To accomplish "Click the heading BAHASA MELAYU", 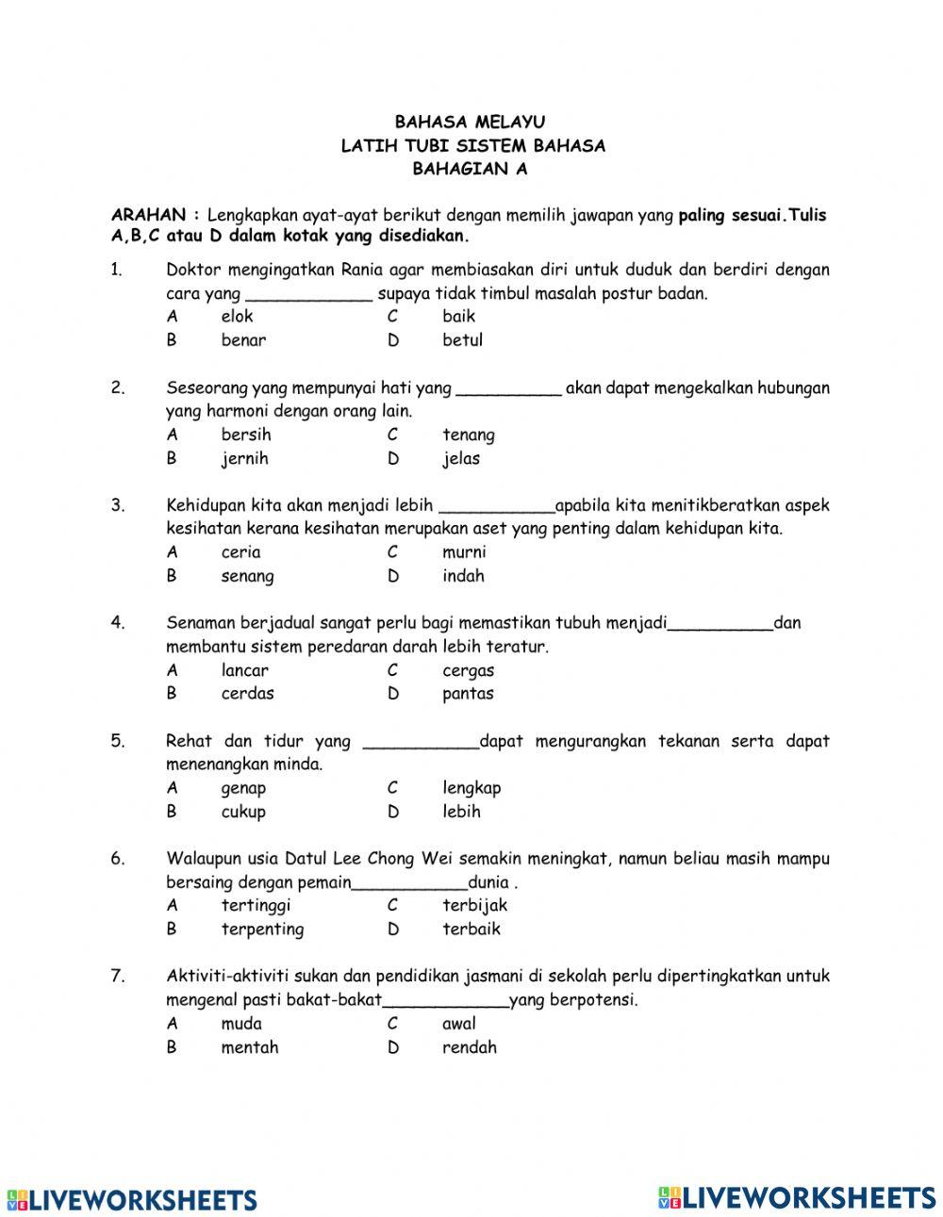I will click(x=470, y=122).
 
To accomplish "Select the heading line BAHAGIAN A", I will click(x=470, y=170).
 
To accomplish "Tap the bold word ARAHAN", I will click(x=149, y=215).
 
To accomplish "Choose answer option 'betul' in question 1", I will click(x=462, y=340).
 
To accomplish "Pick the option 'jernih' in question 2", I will click(x=244, y=459).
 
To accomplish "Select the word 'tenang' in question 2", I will click(x=468, y=436).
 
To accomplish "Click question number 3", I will click(x=118, y=505).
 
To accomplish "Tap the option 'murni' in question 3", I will click(x=464, y=552).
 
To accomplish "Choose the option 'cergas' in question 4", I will click(x=468, y=671).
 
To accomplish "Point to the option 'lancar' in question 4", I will click(x=244, y=671).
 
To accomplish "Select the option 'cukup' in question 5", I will click(x=243, y=812).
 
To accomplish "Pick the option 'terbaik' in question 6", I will click(x=471, y=929).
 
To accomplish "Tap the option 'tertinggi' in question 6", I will click(x=256, y=906).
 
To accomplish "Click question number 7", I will click(x=118, y=977).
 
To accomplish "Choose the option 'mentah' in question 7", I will click(x=249, y=1047).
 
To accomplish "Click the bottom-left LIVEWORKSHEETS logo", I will click(x=132, y=1199).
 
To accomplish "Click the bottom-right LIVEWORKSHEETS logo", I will click(x=797, y=1196).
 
